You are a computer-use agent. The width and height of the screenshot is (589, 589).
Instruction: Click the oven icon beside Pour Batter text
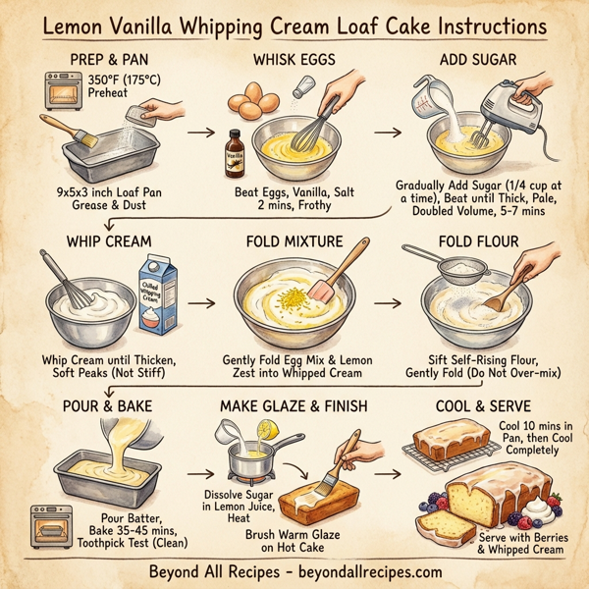click(x=52, y=522)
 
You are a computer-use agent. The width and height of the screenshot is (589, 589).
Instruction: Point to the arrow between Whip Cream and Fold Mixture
click(x=201, y=303)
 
